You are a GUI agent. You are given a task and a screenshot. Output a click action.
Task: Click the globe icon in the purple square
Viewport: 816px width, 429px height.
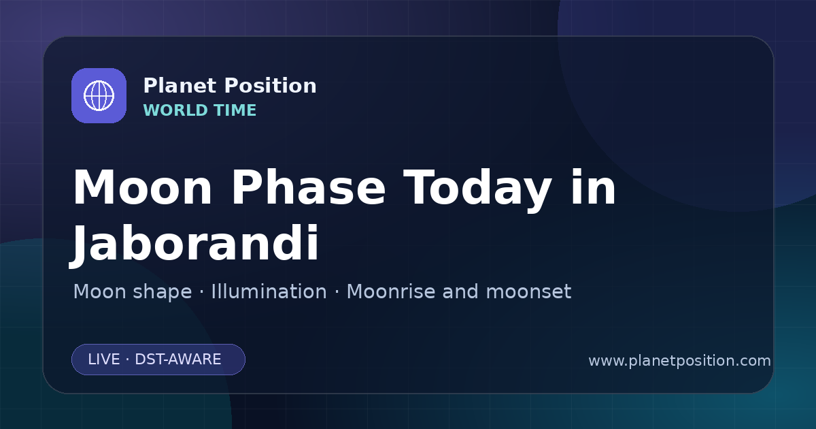pyautogui.click(x=99, y=95)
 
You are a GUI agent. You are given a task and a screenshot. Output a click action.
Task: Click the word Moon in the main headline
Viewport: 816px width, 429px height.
pyautogui.click(x=142, y=187)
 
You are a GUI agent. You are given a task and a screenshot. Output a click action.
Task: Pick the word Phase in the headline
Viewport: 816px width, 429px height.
pyautogui.click(x=308, y=187)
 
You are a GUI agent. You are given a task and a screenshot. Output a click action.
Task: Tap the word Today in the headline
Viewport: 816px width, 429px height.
pyautogui.click(x=477, y=191)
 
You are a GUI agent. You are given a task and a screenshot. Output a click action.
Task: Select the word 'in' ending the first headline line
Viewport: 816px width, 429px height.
pyautogui.click(x=594, y=187)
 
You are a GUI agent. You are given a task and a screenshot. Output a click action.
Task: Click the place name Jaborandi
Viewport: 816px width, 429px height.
pyautogui.click(x=194, y=244)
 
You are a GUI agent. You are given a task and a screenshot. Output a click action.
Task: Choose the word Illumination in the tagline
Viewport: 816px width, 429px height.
pyautogui.click(x=269, y=291)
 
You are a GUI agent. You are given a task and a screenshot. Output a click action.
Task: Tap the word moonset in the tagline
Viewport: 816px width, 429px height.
pyautogui.click(x=528, y=292)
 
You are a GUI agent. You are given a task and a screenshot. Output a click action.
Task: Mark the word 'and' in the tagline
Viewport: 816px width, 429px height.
pyautogui.click(x=460, y=291)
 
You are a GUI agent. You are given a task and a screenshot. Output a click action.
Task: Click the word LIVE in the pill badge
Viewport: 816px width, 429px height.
pyautogui.click(x=104, y=360)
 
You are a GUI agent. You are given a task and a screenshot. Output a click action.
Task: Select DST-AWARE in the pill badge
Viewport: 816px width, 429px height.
pyautogui.click(x=177, y=360)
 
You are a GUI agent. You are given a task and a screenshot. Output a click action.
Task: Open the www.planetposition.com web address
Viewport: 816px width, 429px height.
pyautogui.click(x=679, y=361)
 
